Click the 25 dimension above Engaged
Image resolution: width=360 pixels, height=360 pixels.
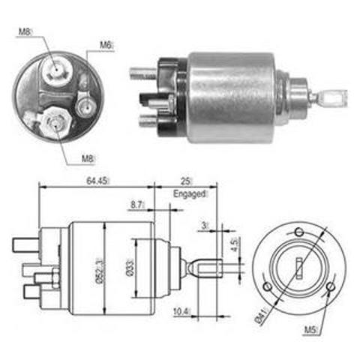tap(186, 181)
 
